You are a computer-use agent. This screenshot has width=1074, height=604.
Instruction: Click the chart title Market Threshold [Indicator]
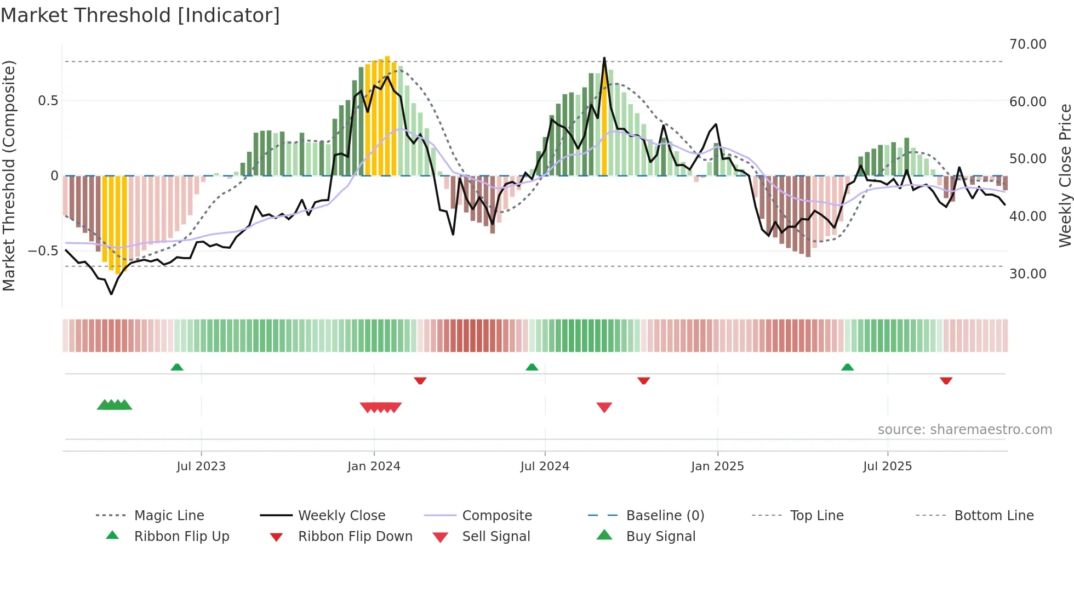click(x=140, y=15)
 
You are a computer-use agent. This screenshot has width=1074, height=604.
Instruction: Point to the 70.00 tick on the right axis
click(x=1027, y=44)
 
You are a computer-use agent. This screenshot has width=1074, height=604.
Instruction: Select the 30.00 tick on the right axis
click(x=1027, y=274)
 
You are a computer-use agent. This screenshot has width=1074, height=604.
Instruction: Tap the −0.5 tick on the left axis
click(x=43, y=251)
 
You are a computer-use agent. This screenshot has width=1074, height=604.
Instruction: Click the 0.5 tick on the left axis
click(x=48, y=101)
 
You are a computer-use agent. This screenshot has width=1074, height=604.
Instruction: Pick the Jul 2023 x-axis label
click(x=201, y=466)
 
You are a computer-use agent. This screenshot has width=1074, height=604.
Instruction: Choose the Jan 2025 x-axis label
click(x=717, y=466)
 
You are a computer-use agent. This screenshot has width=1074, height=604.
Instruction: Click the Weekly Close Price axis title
click(x=1065, y=175)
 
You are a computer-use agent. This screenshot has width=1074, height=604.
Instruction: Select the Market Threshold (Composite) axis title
click(x=9, y=175)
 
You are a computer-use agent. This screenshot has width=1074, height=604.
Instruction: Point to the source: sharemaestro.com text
click(x=964, y=430)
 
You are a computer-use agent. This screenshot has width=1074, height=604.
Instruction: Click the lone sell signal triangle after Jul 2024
click(x=604, y=407)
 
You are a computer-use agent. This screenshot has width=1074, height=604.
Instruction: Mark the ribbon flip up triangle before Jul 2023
click(x=176, y=367)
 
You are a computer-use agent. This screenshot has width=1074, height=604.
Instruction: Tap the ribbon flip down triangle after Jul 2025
click(x=946, y=380)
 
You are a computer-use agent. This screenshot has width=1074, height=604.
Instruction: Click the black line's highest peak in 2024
click(x=604, y=58)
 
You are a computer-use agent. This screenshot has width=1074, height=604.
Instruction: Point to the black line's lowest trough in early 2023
click(x=111, y=294)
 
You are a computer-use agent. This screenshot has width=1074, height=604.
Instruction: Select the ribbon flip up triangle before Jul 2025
click(x=847, y=367)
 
